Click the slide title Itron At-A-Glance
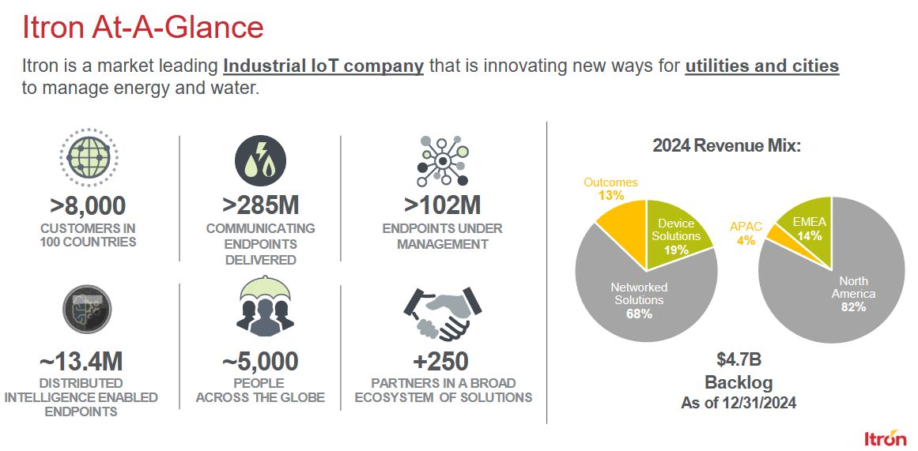pos(142,28)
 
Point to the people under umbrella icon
pos(265,306)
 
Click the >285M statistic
pos(260,205)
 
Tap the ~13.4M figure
pos(81,362)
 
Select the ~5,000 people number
pos(260,362)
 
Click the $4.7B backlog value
pos(739,359)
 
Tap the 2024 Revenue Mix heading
pos(727,145)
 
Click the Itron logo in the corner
pos(885,438)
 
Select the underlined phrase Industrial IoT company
pos(323,66)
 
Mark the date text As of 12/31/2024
pos(739,403)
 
